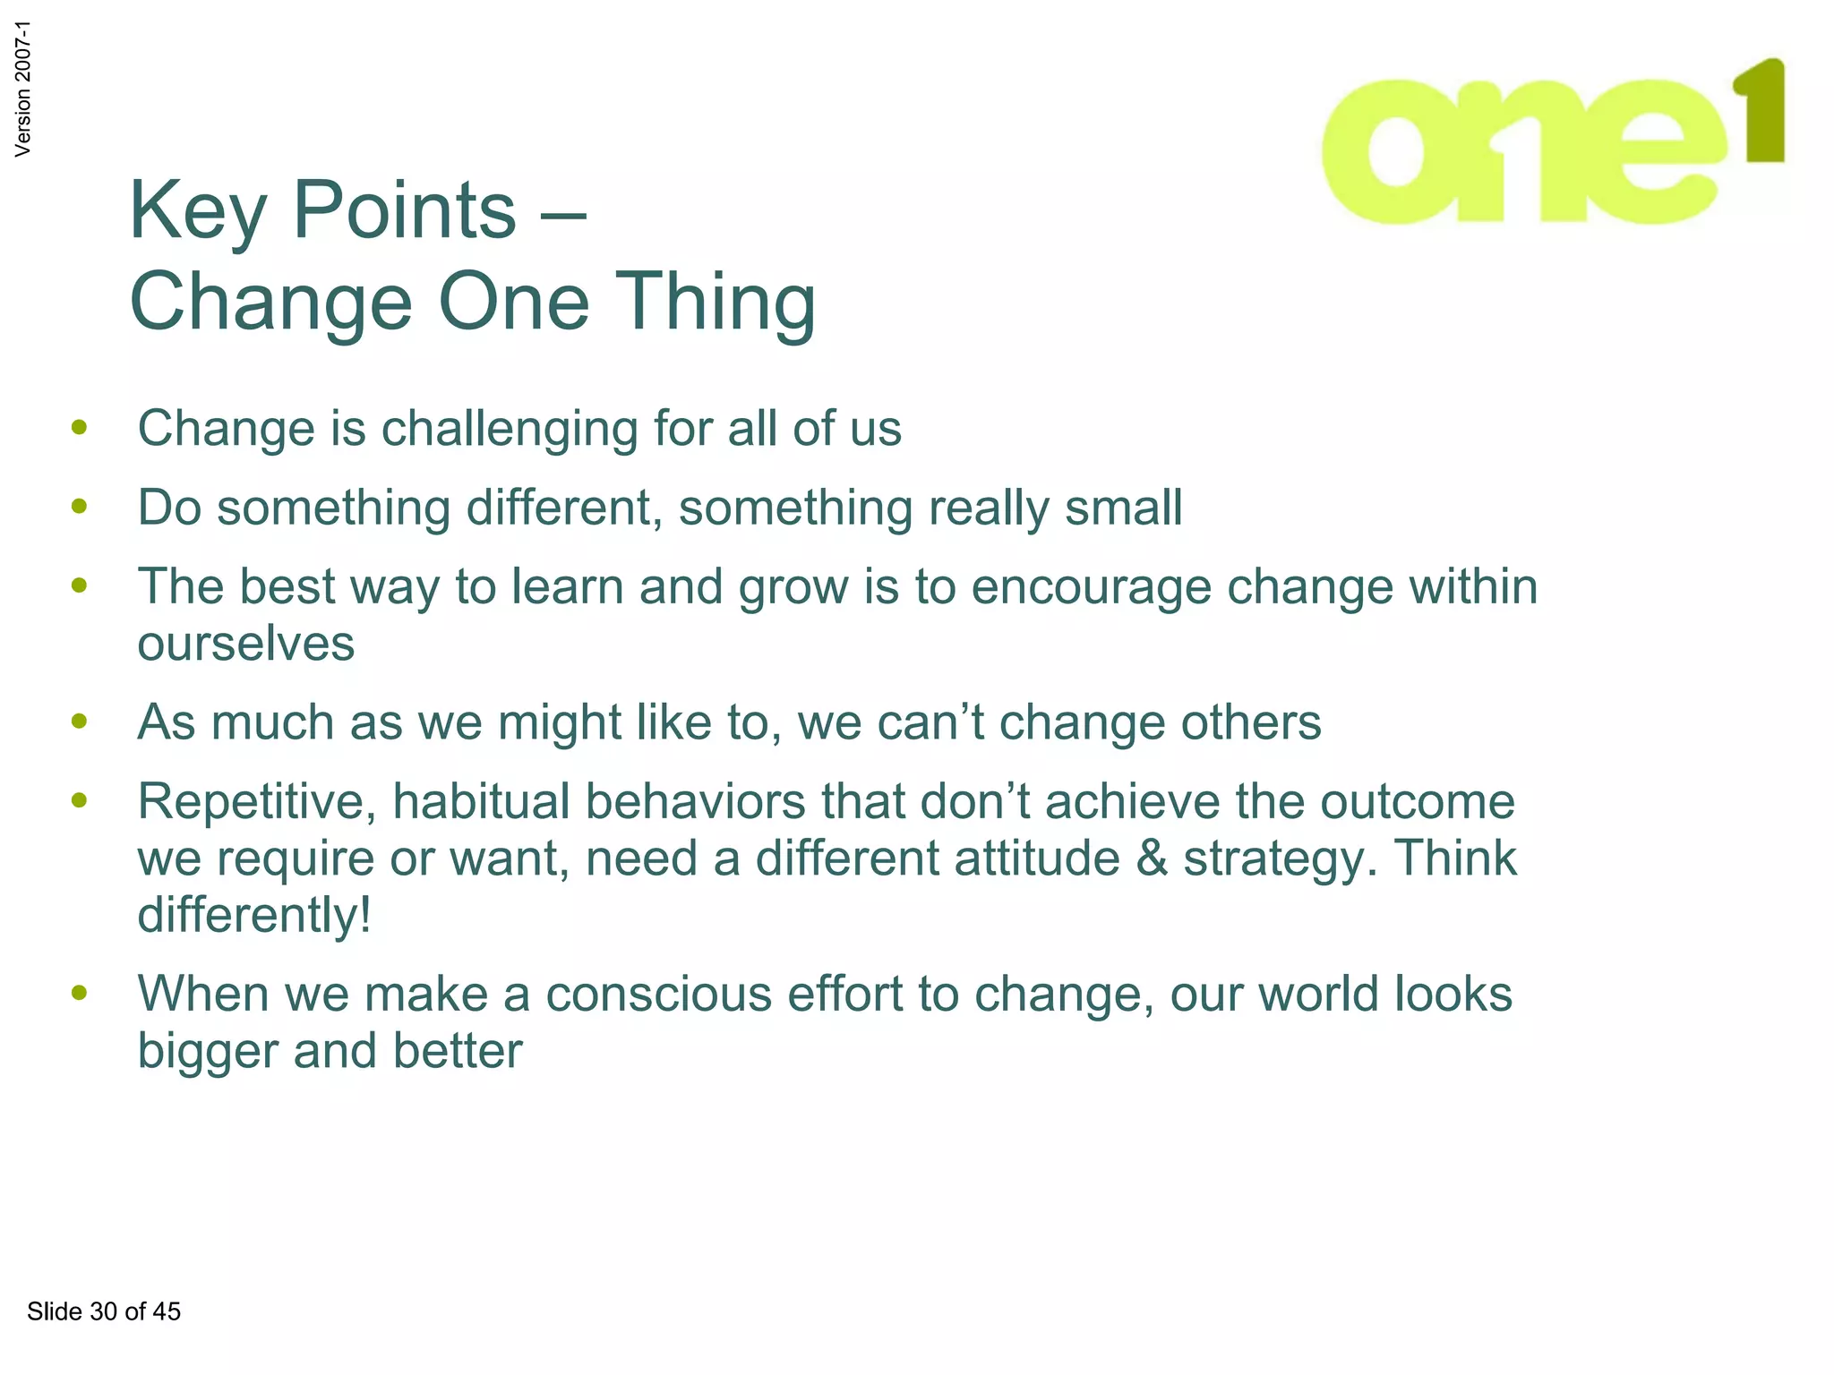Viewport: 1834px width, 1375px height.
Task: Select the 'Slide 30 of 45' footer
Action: pyautogui.click(x=104, y=1311)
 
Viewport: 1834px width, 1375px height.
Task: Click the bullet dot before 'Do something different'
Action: pyautogui.click(x=80, y=507)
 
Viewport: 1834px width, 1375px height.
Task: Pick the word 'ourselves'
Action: pyautogui.click(x=245, y=644)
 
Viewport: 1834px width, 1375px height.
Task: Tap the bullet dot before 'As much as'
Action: pyautogui.click(x=80, y=721)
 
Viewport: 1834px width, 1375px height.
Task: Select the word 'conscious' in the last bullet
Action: pyautogui.click(x=658, y=995)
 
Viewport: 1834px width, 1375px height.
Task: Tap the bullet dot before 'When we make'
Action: pyautogui.click(x=80, y=993)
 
